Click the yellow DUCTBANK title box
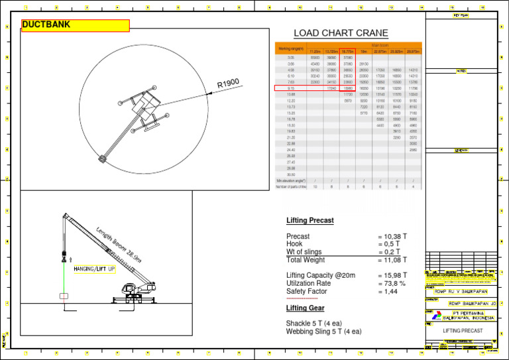pyautogui.click(x=75, y=26)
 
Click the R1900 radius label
pyautogui.click(x=227, y=84)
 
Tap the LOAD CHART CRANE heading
pyautogui.click(x=341, y=34)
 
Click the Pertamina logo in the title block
pyautogui.click(x=431, y=315)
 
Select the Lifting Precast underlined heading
pyautogui.click(x=310, y=220)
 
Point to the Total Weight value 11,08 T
pyautogui.click(x=392, y=260)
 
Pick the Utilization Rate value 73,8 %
pyautogui.click(x=392, y=283)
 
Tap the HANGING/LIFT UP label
pyautogui.click(x=95, y=269)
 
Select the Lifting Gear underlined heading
pyautogui.click(x=305, y=308)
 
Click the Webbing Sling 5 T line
pyautogui.click(x=323, y=331)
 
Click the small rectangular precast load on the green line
pyautogui.click(x=64, y=296)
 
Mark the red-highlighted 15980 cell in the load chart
pyautogui.click(x=349, y=88)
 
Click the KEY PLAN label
pyautogui.click(x=461, y=15)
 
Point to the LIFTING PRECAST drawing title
pyautogui.click(x=463, y=330)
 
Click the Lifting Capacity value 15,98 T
pyautogui.click(x=392, y=275)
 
